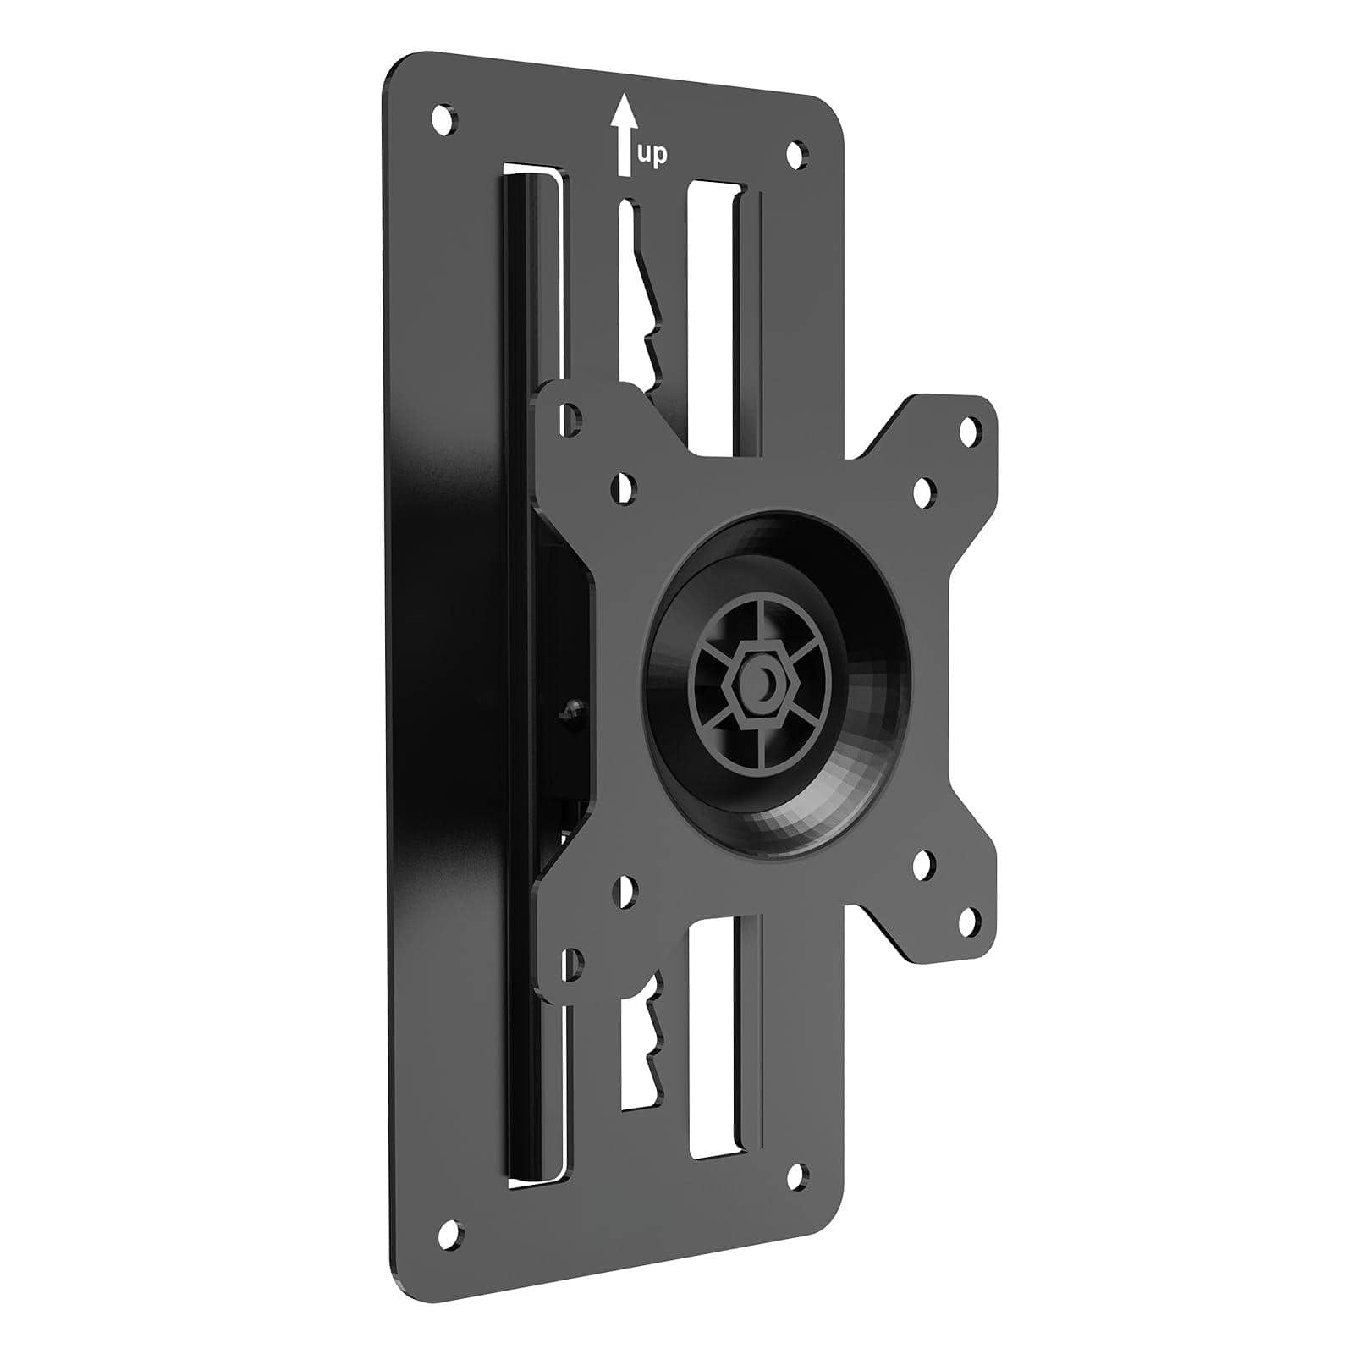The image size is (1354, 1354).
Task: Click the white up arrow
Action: pos(624,135)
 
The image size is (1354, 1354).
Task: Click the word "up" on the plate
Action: pos(651,155)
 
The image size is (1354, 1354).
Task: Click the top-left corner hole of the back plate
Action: pos(443,117)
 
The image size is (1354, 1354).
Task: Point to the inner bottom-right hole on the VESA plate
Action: pos(923,864)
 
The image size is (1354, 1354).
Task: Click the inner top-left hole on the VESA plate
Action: pos(625,488)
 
